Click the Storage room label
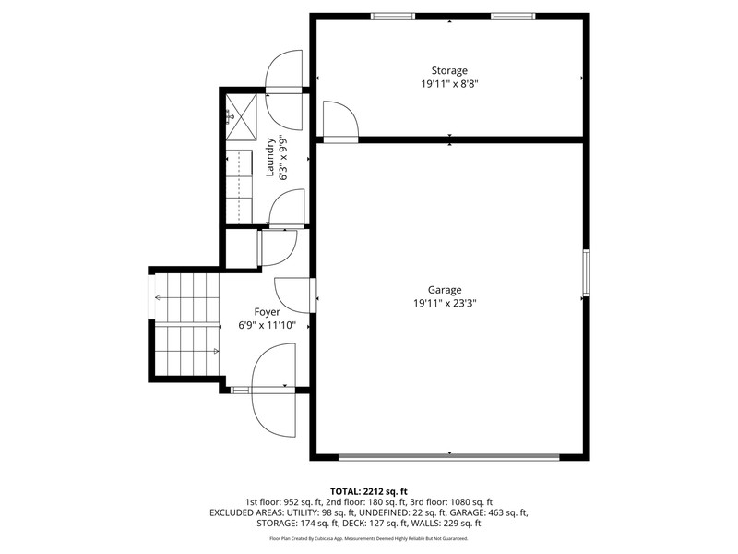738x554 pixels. click(x=449, y=71)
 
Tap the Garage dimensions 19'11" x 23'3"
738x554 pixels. click(x=445, y=304)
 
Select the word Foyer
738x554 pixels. click(x=267, y=312)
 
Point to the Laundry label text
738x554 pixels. click(x=270, y=157)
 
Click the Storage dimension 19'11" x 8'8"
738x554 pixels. click(x=449, y=84)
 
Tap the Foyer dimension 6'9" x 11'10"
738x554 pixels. click(x=267, y=325)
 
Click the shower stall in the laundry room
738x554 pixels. click(x=242, y=117)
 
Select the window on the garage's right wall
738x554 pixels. click(x=587, y=272)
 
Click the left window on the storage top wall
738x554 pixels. click(x=393, y=17)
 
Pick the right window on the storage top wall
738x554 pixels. click(x=513, y=17)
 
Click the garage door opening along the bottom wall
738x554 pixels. click(x=449, y=457)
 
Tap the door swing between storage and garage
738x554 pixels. click(x=340, y=122)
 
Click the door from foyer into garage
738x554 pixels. click(x=295, y=295)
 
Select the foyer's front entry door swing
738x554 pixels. click(x=274, y=390)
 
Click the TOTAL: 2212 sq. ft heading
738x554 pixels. click(x=369, y=492)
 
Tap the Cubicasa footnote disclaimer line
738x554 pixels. click(x=369, y=538)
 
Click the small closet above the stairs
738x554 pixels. click(x=242, y=248)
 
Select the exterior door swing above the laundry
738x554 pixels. click(x=284, y=90)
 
